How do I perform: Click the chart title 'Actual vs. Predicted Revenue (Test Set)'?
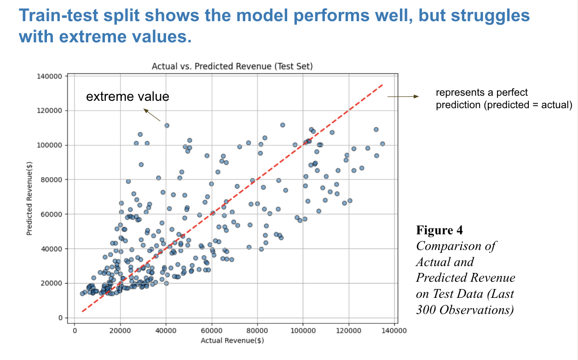[x=232, y=66]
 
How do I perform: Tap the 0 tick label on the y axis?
[x=60, y=318]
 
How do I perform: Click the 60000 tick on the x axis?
[x=212, y=331]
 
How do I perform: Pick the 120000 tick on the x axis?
[x=348, y=331]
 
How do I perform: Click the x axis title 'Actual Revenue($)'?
[x=232, y=341]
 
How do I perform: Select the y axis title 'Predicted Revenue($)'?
[x=29, y=197]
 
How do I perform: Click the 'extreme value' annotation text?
[x=127, y=97]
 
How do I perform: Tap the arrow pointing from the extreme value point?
[x=152, y=115]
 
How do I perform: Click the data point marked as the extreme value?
[x=167, y=125]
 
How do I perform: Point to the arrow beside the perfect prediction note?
[x=403, y=97]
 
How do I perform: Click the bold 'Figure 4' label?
[x=439, y=230]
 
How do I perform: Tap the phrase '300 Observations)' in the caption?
[x=465, y=310]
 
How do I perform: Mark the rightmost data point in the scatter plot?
[x=382, y=144]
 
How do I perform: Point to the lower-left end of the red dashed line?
[x=82, y=312]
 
